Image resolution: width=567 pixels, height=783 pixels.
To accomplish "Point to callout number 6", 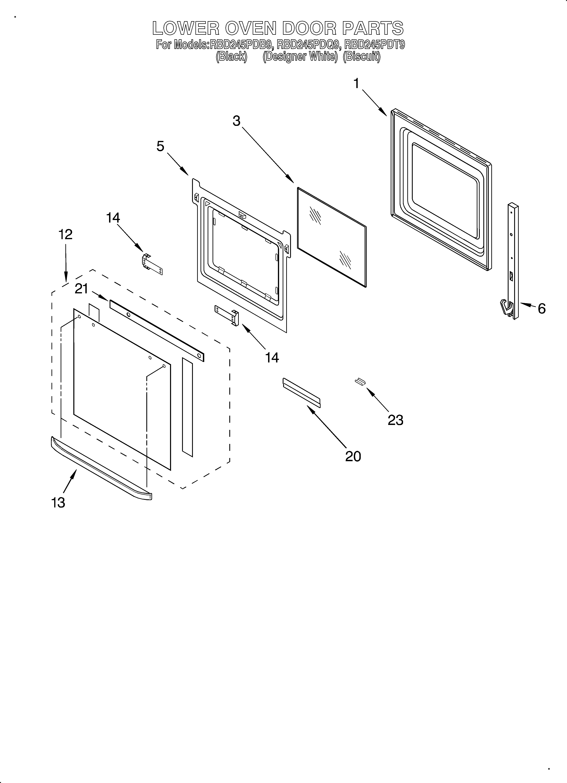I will tap(541, 308).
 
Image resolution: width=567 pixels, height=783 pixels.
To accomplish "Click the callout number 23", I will tap(395, 420).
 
